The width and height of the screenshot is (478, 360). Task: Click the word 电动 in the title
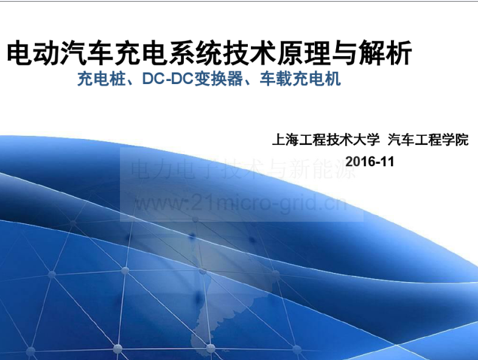tap(33, 53)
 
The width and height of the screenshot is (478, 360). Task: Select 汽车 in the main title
tap(87, 53)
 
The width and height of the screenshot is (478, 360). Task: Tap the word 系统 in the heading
tap(195, 53)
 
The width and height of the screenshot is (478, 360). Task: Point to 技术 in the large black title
tap(250, 53)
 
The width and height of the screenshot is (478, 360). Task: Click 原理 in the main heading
tap(304, 53)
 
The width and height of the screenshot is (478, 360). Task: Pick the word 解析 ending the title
tap(385, 53)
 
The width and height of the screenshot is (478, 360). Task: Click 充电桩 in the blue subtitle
tap(102, 79)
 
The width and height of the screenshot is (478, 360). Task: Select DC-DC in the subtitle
tap(168, 79)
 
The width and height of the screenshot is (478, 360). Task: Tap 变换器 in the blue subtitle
tap(218, 79)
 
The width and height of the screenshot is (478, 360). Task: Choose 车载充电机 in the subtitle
tap(300, 79)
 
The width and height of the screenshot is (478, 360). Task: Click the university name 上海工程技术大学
tap(326, 139)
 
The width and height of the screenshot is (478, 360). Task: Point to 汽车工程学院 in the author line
tap(428, 139)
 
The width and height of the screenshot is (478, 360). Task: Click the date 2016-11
tap(370, 161)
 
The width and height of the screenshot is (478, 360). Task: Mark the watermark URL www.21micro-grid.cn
tap(241, 203)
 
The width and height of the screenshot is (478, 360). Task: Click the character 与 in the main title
tap(345, 53)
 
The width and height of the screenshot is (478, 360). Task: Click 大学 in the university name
tap(367, 139)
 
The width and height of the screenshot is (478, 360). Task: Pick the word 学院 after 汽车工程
tap(455, 139)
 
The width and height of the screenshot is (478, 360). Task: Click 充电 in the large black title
tap(141, 53)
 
